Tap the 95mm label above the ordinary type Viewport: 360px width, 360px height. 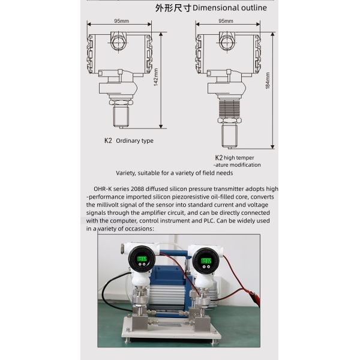tap(119, 21)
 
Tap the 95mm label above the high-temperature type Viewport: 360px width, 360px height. tap(226, 21)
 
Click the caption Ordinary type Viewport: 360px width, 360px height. tap(134, 141)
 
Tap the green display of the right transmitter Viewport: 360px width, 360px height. tap(205, 261)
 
